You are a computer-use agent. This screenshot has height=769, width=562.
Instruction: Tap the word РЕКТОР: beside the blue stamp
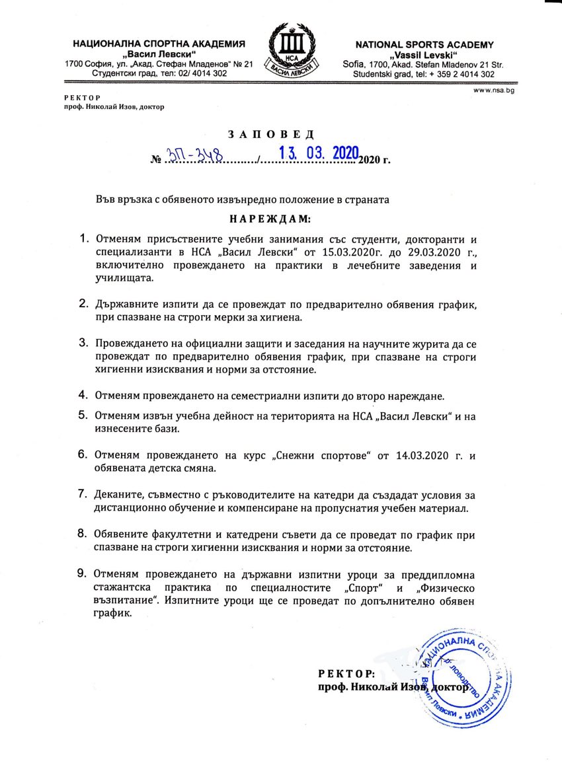pyautogui.click(x=346, y=674)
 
